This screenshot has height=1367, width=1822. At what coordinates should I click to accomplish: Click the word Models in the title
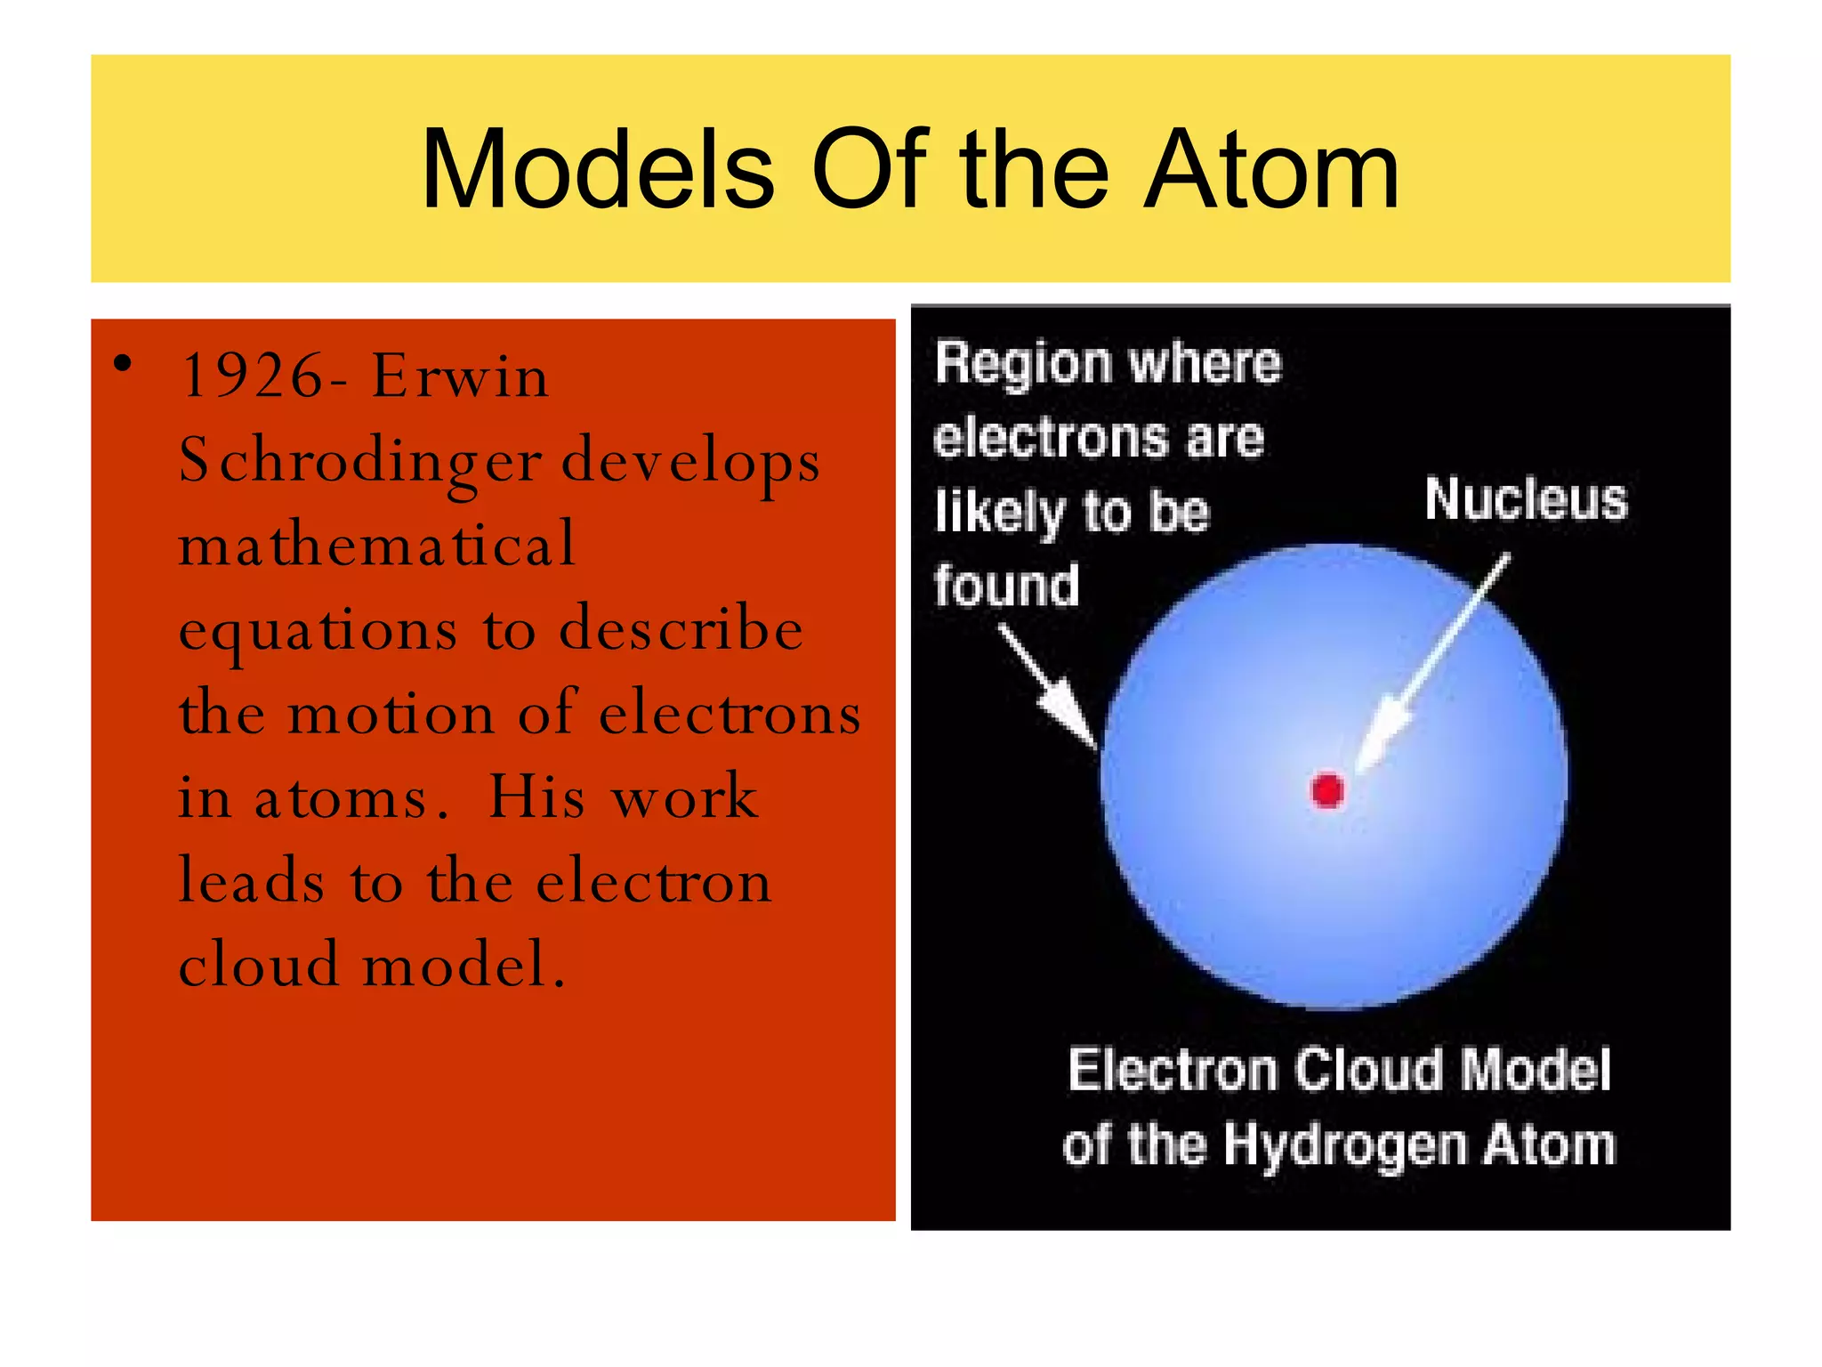[x=598, y=171]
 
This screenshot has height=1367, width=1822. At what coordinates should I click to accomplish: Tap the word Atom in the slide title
[x=1272, y=171]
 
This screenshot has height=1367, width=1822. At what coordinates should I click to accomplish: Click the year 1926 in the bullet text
[x=252, y=376]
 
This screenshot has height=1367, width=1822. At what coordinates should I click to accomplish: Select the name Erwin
[x=460, y=376]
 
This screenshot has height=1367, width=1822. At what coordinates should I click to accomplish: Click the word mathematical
[x=377, y=545]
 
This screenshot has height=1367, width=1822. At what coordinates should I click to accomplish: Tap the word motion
[x=391, y=714]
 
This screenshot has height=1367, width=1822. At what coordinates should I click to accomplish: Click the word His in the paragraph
[x=536, y=797]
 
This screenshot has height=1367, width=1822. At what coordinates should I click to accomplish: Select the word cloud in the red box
[x=259, y=965]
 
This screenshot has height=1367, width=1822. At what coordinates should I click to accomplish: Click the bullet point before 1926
[x=123, y=363]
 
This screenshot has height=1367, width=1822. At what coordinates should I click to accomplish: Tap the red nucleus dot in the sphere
[x=1327, y=790]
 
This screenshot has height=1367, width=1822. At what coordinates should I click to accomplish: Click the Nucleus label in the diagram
[x=1525, y=499]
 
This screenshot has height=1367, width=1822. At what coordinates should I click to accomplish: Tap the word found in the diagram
[x=1006, y=586]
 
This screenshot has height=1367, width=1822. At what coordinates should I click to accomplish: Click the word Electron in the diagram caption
[x=1172, y=1070]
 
